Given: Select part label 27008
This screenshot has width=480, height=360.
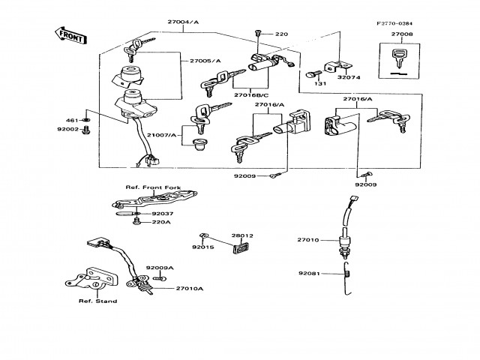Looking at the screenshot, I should click(402, 34).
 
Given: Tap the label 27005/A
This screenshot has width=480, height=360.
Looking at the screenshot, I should click(205, 60).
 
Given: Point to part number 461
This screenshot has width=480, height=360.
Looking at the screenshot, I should click(72, 120).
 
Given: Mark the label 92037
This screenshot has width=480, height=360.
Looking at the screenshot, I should click(163, 214).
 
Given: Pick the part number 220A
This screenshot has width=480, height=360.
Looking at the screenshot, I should click(162, 222).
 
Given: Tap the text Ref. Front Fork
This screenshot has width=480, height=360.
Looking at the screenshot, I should click(143, 185).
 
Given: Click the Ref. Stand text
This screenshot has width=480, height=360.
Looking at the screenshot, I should click(97, 301).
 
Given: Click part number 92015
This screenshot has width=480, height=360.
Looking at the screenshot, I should click(202, 246).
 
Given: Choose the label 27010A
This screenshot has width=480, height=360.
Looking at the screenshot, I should click(190, 288).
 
